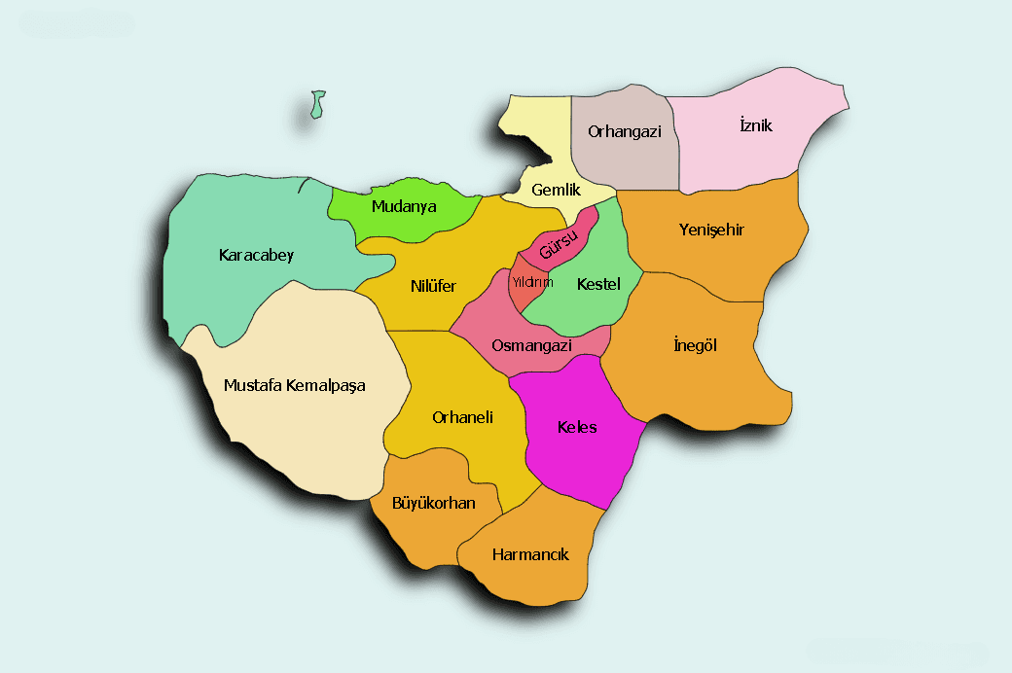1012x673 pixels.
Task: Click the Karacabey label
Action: click(256, 256)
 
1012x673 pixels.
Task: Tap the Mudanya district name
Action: click(404, 207)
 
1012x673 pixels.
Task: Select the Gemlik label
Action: click(556, 190)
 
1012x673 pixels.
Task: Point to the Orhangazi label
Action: click(624, 131)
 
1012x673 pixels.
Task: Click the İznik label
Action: click(755, 125)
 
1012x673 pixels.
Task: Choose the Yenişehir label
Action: click(711, 230)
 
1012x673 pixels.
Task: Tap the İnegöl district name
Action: click(695, 345)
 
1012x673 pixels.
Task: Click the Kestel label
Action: click(598, 285)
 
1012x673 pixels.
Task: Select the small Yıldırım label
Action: click(532, 283)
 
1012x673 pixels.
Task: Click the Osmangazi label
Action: click(531, 345)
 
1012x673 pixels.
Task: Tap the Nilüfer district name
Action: click(433, 286)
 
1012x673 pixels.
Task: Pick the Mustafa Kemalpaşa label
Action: click(294, 385)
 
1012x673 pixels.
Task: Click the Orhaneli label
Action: click(462, 417)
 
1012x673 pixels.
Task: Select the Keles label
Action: click(577, 427)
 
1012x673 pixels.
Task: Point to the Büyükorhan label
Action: click(433, 503)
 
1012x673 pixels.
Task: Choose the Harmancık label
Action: click(530, 554)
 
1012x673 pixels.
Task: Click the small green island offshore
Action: click(317, 104)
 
